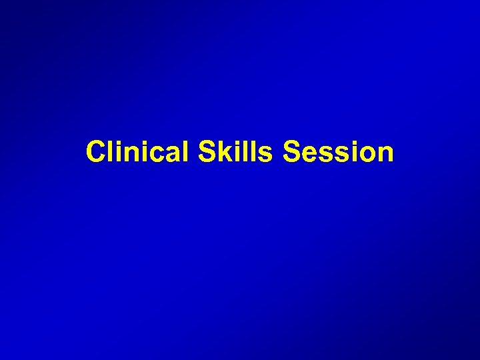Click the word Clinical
[138, 152]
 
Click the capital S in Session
[292, 152]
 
